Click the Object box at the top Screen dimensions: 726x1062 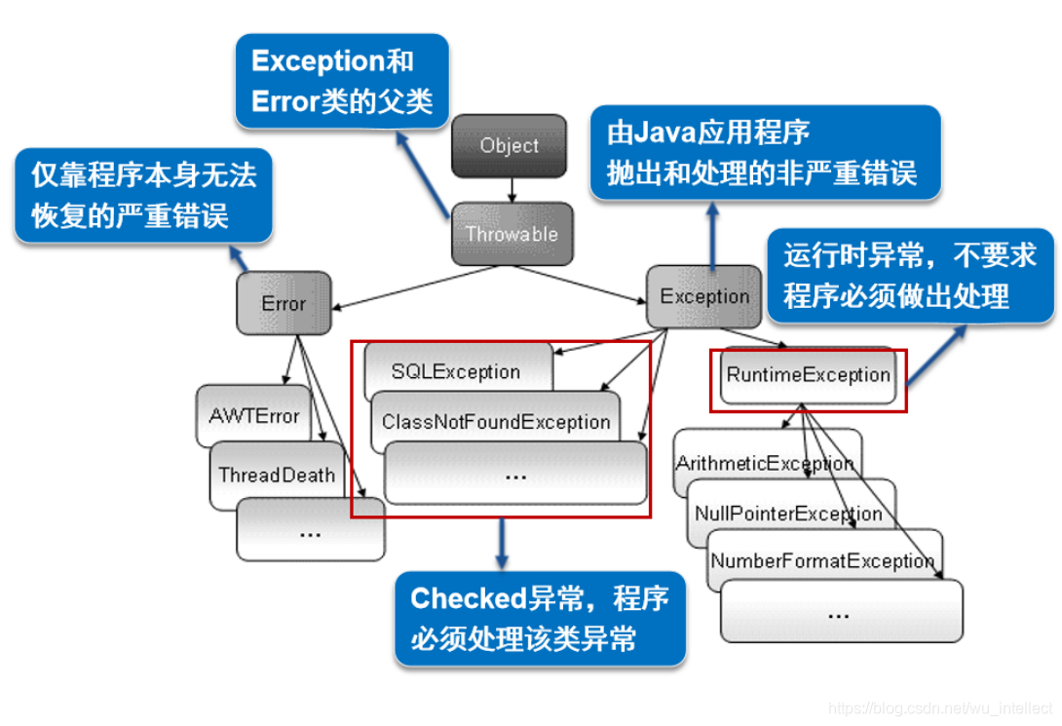[509, 146]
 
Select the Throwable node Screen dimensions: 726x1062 [512, 234]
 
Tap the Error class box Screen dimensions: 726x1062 [284, 303]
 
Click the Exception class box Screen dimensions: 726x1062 [704, 296]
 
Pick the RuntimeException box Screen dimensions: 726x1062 [808, 375]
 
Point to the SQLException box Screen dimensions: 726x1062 [456, 371]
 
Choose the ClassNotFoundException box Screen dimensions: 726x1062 [496, 422]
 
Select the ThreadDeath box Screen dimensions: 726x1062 [277, 476]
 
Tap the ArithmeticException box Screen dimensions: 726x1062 [766, 464]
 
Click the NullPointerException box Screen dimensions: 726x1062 [788, 514]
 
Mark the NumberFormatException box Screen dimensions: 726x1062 [822, 561]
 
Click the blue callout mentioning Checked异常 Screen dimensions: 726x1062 [539, 619]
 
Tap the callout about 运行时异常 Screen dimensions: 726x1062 [910, 276]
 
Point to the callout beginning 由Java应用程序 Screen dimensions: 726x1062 [766, 153]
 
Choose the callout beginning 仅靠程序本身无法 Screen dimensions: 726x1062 [143, 195]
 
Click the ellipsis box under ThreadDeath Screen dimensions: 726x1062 [311, 532]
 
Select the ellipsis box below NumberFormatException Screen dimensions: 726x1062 [841, 613]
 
